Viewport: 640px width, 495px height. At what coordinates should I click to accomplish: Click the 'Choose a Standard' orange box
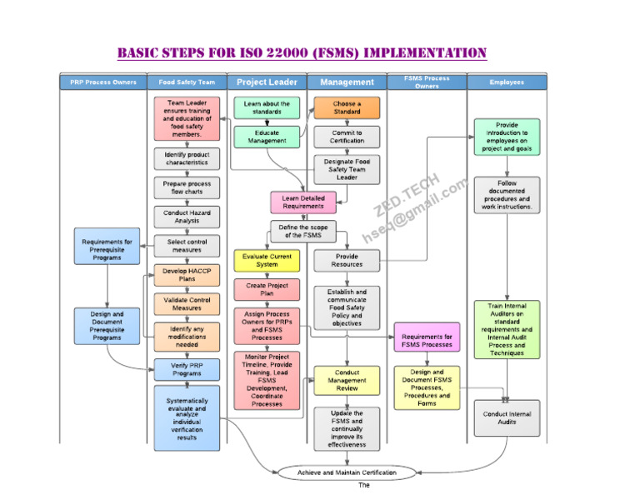click(347, 107)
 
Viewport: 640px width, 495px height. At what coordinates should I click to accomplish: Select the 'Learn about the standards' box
click(267, 107)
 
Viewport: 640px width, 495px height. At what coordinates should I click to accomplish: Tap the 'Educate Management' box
click(267, 137)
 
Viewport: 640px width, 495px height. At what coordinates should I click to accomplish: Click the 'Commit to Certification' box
click(347, 137)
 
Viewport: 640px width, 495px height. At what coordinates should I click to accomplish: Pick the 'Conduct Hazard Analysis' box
click(187, 217)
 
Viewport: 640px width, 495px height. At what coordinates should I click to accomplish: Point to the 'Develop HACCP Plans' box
click(187, 274)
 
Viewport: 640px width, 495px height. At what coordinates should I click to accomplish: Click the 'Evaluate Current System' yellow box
click(267, 261)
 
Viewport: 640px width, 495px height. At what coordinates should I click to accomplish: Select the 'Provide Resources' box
click(347, 261)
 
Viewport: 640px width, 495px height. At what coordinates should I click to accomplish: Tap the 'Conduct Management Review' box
click(347, 381)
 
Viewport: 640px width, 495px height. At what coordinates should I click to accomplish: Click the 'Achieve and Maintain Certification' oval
click(347, 472)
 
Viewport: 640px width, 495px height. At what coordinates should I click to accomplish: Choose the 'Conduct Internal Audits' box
click(507, 417)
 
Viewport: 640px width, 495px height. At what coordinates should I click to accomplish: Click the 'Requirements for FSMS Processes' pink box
click(427, 340)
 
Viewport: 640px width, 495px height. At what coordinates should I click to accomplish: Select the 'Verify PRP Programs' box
click(187, 368)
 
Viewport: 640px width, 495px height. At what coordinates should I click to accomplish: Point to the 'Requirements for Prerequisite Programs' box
click(107, 247)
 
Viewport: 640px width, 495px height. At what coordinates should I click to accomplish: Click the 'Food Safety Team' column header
click(187, 82)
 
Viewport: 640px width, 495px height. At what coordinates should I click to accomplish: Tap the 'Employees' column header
click(507, 82)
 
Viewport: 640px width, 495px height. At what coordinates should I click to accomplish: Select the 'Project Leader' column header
click(267, 82)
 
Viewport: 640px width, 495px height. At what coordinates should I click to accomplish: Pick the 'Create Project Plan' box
click(267, 290)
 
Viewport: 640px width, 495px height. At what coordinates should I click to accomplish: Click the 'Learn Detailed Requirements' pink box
click(303, 202)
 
